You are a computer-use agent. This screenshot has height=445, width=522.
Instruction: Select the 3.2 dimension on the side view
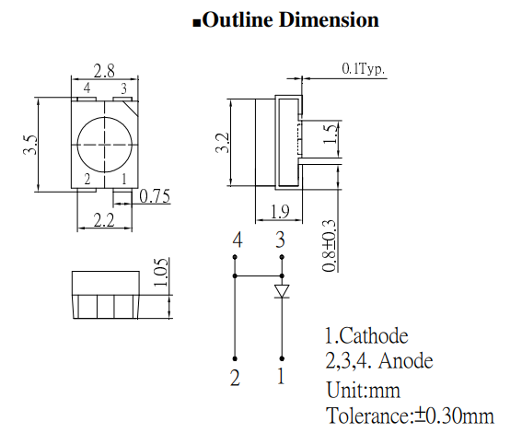(221, 143)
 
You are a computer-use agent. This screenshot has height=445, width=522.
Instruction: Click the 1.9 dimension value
(279, 213)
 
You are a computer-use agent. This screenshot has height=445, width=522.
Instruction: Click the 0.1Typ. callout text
(364, 68)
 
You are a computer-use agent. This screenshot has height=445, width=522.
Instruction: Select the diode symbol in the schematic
(282, 291)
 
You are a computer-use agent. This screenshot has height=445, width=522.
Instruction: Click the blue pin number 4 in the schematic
(238, 240)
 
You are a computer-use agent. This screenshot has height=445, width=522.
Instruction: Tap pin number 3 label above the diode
(281, 240)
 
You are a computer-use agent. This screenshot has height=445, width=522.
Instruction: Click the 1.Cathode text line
(365, 336)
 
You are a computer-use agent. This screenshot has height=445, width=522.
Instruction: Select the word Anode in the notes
(402, 360)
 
